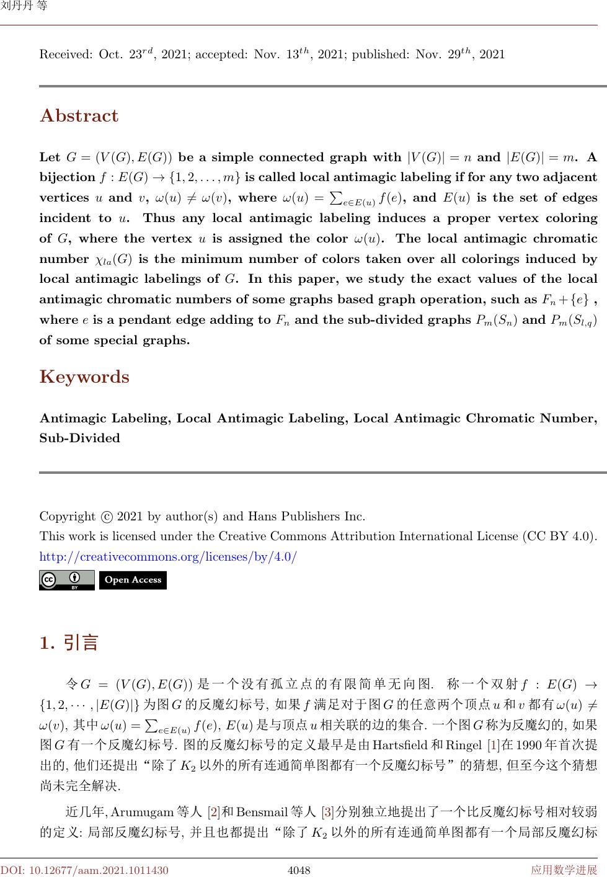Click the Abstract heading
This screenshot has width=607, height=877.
point(79,116)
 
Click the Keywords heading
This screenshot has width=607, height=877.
point(84,377)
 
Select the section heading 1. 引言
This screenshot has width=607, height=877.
point(69,643)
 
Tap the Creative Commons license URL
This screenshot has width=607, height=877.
point(168,556)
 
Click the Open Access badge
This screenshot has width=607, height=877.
point(133,580)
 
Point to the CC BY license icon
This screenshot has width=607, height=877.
point(66,580)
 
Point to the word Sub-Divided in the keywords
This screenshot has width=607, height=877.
point(79,439)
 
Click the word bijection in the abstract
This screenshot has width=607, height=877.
point(67,177)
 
